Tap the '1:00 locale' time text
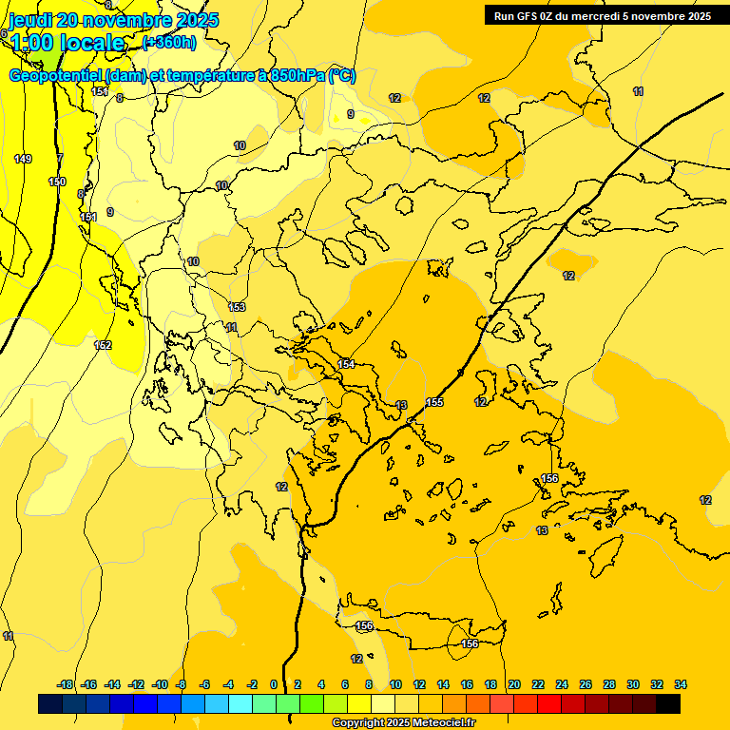tap(67, 42)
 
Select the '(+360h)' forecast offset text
tap(169, 42)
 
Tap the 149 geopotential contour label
tap(23, 159)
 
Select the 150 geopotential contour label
tap(57, 182)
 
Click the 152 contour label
tap(104, 345)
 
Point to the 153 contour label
tap(237, 307)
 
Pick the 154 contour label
tap(346, 364)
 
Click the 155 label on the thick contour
tap(434, 403)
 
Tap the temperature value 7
tap(60, 158)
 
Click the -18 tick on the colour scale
tap(65, 684)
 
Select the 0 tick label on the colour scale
tap(274, 684)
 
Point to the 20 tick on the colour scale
tap(514, 684)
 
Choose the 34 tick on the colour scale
tap(681, 684)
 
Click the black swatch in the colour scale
tap(668, 704)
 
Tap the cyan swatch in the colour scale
tap(240, 704)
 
